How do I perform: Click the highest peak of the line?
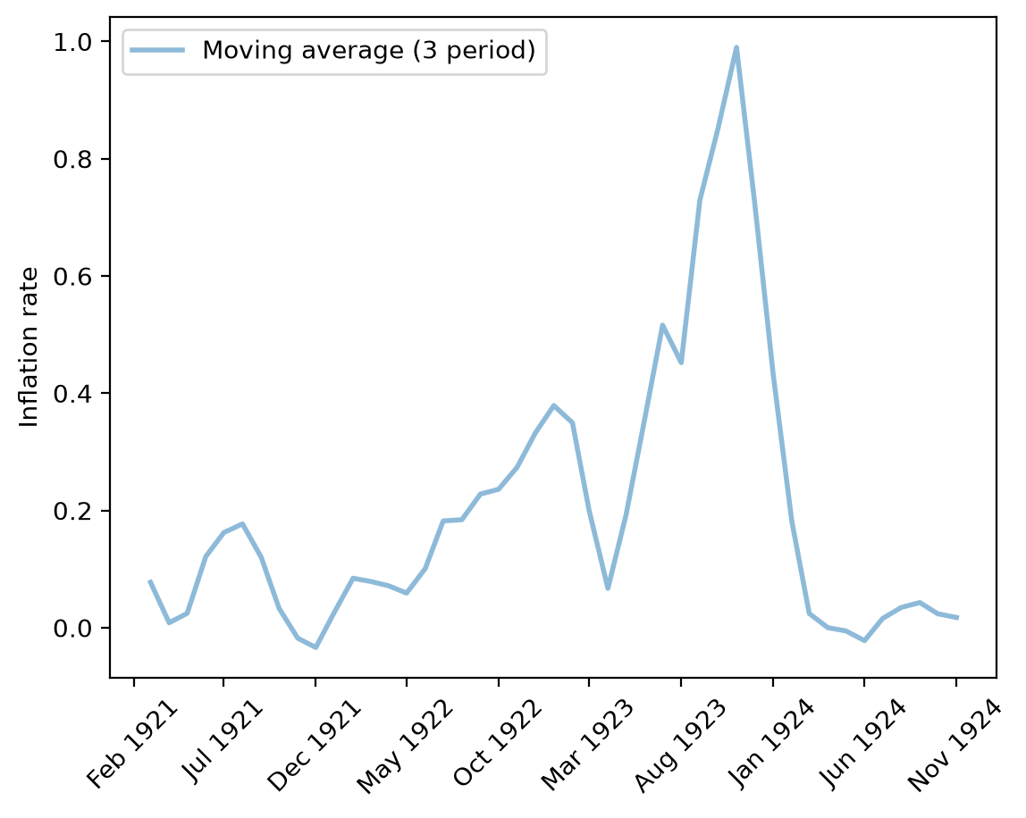tap(736, 47)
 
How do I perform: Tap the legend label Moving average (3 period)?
tap(369, 50)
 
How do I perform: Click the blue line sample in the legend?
tap(157, 50)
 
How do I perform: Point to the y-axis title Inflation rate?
tap(29, 347)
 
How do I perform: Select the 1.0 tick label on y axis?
tap(72, 42)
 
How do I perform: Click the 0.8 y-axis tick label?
tap(72, 159)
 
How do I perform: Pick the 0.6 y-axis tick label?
tap(72, 277)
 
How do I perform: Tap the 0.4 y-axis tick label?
tap(72, 394)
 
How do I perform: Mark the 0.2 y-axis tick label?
tap(72, 511)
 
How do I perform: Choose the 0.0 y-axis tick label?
tap(72, 629)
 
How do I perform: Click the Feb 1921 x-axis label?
tap(133, 744)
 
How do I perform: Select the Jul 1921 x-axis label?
tap(223, 741)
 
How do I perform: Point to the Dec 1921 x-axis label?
tap(315, 746)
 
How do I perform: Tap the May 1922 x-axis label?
tap(405, 746)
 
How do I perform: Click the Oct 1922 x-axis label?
tap(498, 743)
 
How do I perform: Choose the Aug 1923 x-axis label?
tap(680, 746)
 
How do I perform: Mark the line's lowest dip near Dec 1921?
tap(316, 647)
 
